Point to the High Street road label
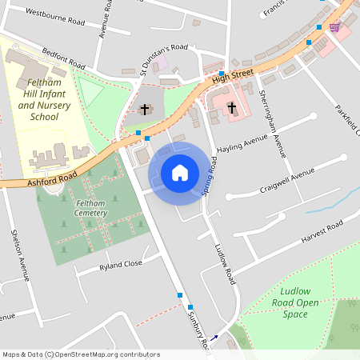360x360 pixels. tap(233, 74)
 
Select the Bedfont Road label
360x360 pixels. tap(63, 58)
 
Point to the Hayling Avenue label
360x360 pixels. tap(240, 142)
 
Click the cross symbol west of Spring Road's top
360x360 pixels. tap(145, 108)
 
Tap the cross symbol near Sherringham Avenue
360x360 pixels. tap(231, 106)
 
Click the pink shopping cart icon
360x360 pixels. tap(334, 26)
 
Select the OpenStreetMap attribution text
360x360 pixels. tap(80, 354)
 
